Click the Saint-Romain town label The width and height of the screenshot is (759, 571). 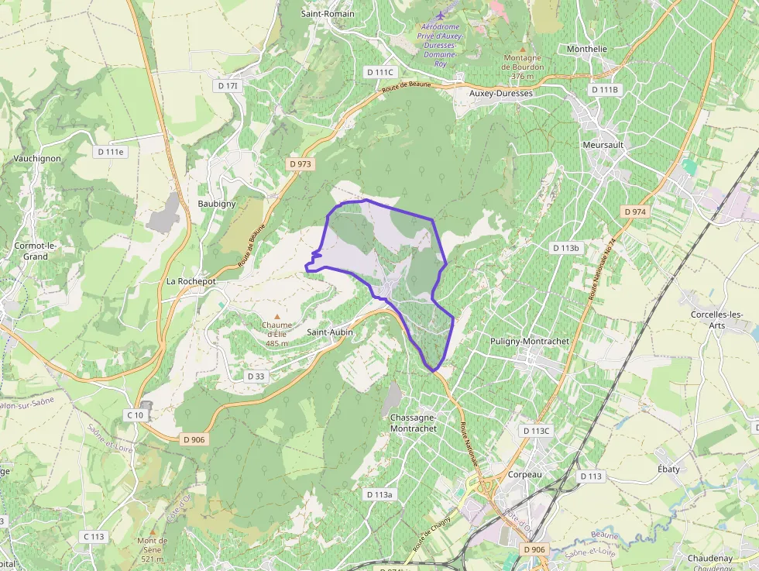click(328, 14)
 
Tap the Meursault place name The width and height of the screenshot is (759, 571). click(603, 145)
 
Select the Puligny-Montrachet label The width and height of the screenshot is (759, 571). click(530, 341)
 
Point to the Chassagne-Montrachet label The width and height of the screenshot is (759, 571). click(414, 422)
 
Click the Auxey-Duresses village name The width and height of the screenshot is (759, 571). click(501, 93)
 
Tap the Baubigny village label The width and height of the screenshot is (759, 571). click(216, 204)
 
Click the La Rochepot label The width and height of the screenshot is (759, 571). click(191, 281)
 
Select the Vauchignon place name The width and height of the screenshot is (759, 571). click(37, 158)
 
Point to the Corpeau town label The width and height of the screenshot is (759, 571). click(524, 474)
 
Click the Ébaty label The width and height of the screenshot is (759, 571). click(668, 469)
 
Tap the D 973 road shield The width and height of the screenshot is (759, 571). click(300, 164)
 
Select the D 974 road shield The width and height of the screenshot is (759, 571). click(634, 212)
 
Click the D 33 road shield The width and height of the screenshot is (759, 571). click(256, 376)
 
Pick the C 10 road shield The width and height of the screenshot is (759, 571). click(135, 415)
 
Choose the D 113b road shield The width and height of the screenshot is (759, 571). click(565, 248)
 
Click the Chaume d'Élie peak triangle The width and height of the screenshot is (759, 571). click(276, 316)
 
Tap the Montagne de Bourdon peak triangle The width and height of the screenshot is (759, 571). click(522, 48)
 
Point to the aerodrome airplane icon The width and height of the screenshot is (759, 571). click(441, 15)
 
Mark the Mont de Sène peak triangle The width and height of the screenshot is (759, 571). click(153, 531)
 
